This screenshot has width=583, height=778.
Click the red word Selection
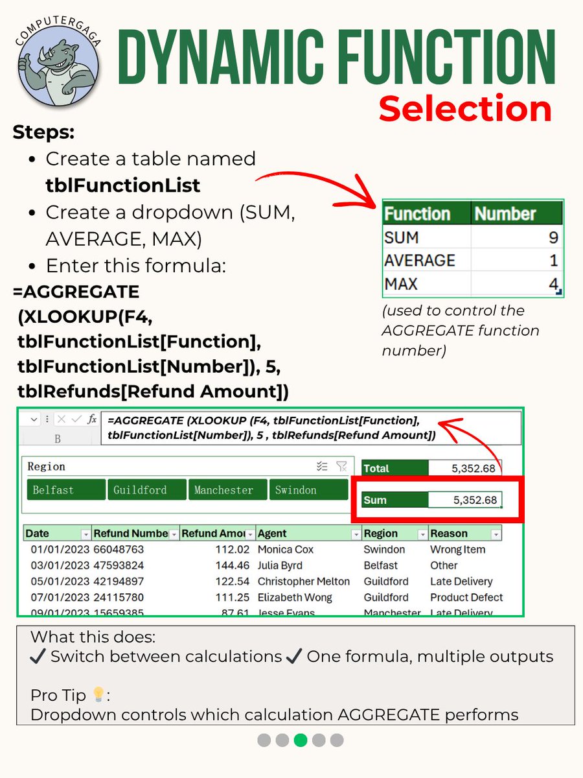click(465, 108)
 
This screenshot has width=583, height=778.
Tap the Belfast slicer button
click(66, 490)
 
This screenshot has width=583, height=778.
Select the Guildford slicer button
click(146, 490)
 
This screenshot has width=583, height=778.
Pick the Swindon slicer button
click(308, 490)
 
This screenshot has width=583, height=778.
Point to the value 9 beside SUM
click(553, 237)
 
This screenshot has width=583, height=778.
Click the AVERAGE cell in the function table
click(419, 261)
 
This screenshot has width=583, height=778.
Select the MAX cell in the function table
click(402, 284)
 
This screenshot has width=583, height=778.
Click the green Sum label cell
click(394, 500)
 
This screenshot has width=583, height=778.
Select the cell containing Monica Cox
click(286, 549)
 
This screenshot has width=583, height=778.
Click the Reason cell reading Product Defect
click(466, 597)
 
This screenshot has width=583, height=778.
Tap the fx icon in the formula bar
click(93, 419)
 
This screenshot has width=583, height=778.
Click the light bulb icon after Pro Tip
click(98, 695)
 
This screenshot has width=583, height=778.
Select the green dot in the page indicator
click(301, 740)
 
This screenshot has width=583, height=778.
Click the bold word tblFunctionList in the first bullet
click(123, 185)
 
